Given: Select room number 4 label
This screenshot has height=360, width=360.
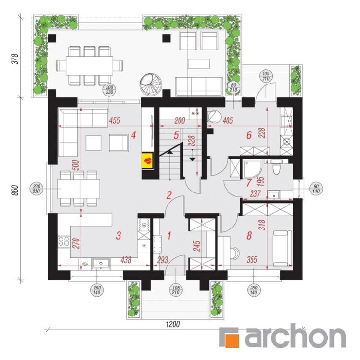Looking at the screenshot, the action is (x=133, y=135).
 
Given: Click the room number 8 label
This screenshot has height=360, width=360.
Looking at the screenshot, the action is (x=249, y=235).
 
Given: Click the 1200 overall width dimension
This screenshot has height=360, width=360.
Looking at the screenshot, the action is (x=173, y=324).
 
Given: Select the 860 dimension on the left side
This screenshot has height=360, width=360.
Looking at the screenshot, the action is (x=14, y=191).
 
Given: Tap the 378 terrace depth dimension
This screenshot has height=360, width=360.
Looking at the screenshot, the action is (x=15, y=59).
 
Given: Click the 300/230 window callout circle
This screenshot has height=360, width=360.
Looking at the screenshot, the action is (x=110, y=90).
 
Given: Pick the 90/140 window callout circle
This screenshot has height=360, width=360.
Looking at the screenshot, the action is (x=316, y=189).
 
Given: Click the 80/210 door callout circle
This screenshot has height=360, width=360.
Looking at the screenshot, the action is (x=233, y=87).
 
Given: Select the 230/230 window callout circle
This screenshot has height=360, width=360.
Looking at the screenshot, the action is (x=36, y=189).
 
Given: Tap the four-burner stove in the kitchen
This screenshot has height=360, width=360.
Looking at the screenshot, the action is (x=64, y=241).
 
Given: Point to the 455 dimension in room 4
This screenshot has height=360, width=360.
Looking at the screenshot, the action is (x=114, y=120).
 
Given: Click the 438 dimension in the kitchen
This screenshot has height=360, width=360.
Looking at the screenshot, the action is (x=126, y=260).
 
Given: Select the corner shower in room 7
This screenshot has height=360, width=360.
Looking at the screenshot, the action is (x=252, y=169).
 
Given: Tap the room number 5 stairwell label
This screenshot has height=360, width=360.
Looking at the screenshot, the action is (x=176, y=135).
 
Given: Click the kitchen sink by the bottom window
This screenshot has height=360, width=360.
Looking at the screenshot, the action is (x=101, y=264).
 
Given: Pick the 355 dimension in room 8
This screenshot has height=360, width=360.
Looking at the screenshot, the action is (x=252, y=260).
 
